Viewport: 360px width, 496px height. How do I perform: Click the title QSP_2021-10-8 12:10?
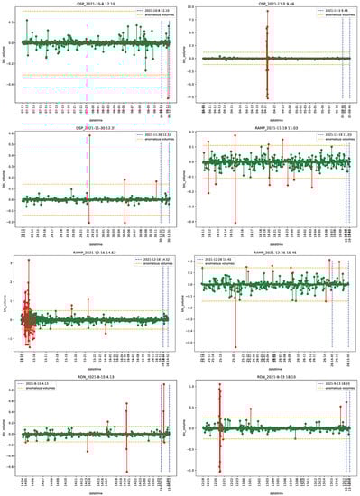[90, 4]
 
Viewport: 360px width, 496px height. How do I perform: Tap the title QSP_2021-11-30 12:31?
[90, 127]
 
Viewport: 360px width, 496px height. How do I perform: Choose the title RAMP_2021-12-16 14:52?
[90, 252]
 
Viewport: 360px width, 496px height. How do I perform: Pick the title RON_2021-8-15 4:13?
[90, 375]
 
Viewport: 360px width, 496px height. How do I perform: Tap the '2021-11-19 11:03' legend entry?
[328, 134]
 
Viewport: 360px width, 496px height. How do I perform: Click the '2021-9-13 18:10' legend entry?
[328, 382]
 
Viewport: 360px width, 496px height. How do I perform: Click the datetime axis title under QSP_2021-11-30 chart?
[90, 241]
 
